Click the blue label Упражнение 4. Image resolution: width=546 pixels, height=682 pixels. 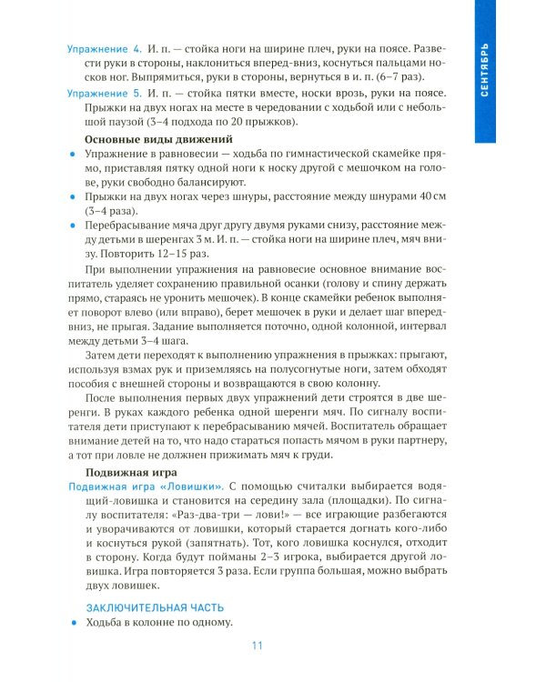pyautogui.click(x=105, y=47)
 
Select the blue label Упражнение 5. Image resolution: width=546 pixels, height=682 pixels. pyautogui.click(x=105, y=93)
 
